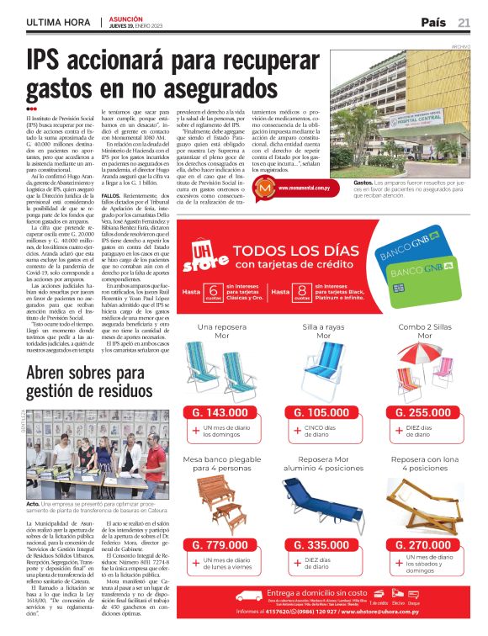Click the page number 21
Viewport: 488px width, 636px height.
tap(464, 23)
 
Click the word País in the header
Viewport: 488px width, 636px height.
tap(432, 23)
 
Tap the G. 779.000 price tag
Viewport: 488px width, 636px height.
tap(220, 546)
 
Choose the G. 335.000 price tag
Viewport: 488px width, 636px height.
tap(323, 546)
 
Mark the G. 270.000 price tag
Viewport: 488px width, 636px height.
tap(426, 546)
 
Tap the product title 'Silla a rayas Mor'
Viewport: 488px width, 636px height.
tap(323, 331)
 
